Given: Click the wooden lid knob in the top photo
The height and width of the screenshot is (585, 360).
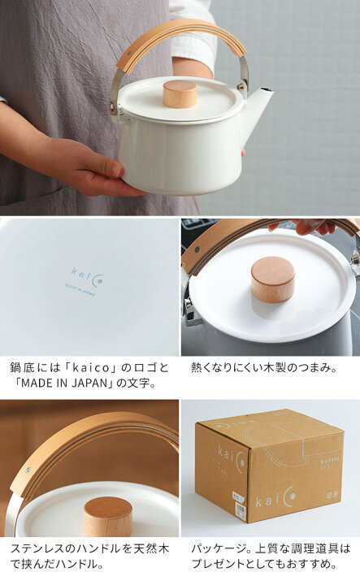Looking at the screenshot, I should pos(180,93).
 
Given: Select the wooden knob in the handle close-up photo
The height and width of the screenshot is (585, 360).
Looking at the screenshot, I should pos(107,517).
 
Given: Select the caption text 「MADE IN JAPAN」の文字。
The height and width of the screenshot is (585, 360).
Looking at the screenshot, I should pos(77,383).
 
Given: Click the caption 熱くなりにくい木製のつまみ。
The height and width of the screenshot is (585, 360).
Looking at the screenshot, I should pos(263,366).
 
